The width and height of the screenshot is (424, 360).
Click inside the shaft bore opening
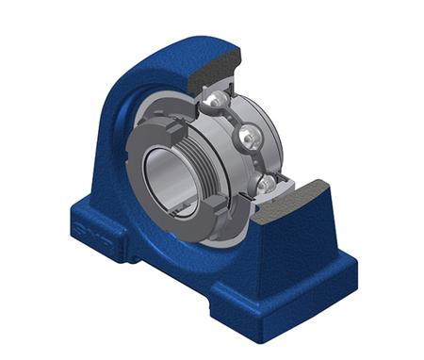[170, 174]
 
